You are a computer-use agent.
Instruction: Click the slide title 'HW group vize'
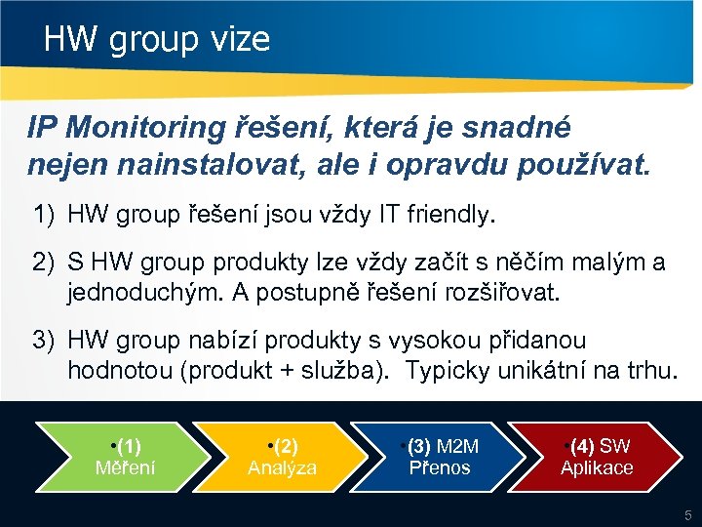tap(157, 40)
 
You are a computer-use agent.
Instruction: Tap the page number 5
tap(686, 515)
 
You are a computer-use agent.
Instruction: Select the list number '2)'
tap(45, 263)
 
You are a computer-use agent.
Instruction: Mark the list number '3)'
tap(45, 341)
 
